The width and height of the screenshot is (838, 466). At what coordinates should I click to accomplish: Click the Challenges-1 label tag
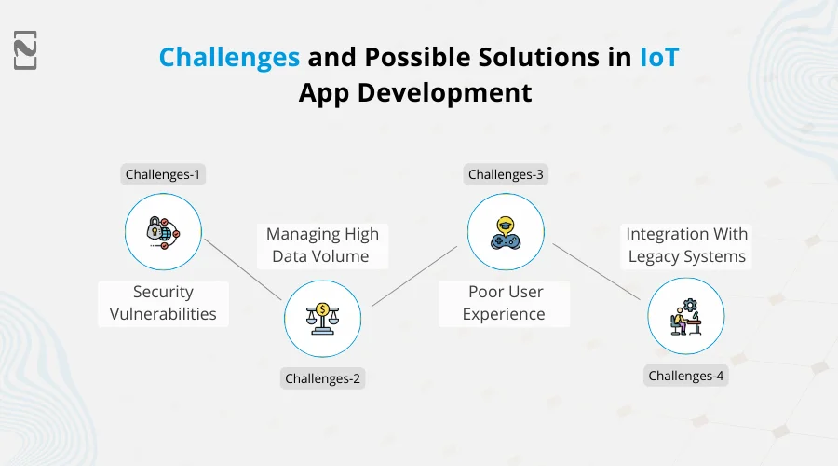coord(163,174)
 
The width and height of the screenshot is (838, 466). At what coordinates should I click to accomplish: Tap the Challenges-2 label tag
coord(322,377)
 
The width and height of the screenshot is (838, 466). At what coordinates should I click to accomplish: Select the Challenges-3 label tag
coord(506,174)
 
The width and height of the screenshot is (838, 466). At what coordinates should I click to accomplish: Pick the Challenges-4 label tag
coord(686,377)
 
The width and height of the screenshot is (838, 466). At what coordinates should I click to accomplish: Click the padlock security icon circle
coord(163,232)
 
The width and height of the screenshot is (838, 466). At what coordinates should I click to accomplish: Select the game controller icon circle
coord(506,232)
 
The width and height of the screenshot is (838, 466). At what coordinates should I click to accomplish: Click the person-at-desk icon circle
coord(686,316)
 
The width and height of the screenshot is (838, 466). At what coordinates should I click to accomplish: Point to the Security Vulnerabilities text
coord(163,303)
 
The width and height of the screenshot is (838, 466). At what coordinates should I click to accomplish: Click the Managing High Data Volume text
coord(322,245)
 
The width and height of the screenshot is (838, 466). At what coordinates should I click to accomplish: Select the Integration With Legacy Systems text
coord(686,245)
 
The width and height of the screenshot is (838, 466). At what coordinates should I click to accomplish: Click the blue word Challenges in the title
coord(229,57)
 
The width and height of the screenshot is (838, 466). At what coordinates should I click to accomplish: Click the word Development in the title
coord(447,93)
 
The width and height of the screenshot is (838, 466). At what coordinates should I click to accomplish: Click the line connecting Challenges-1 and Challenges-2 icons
coord(243,269)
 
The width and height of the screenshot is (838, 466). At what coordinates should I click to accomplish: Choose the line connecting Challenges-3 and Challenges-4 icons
coord(597,272)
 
